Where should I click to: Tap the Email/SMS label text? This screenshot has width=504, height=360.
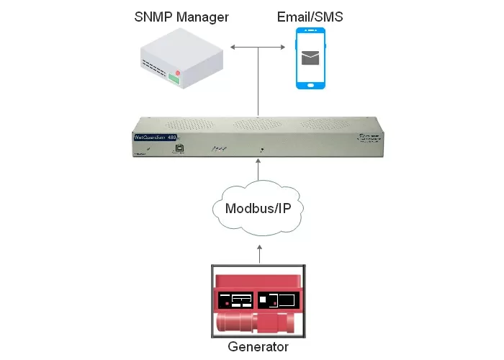click(x=310, y=16)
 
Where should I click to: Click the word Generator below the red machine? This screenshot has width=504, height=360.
click(x=258, y=347)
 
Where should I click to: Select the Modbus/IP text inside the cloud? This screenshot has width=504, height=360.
click(x=258, y=210)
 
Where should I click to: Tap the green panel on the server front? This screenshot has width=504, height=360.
click(x=174, y=81)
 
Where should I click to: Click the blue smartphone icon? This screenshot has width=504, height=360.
click(x=310, y=58)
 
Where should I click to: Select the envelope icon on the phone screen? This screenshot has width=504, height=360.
click(x=310, y=58)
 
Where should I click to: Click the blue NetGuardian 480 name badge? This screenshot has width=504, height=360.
click(x=156, y=138)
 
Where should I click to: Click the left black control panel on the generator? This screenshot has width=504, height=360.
click(x=235, y=300)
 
